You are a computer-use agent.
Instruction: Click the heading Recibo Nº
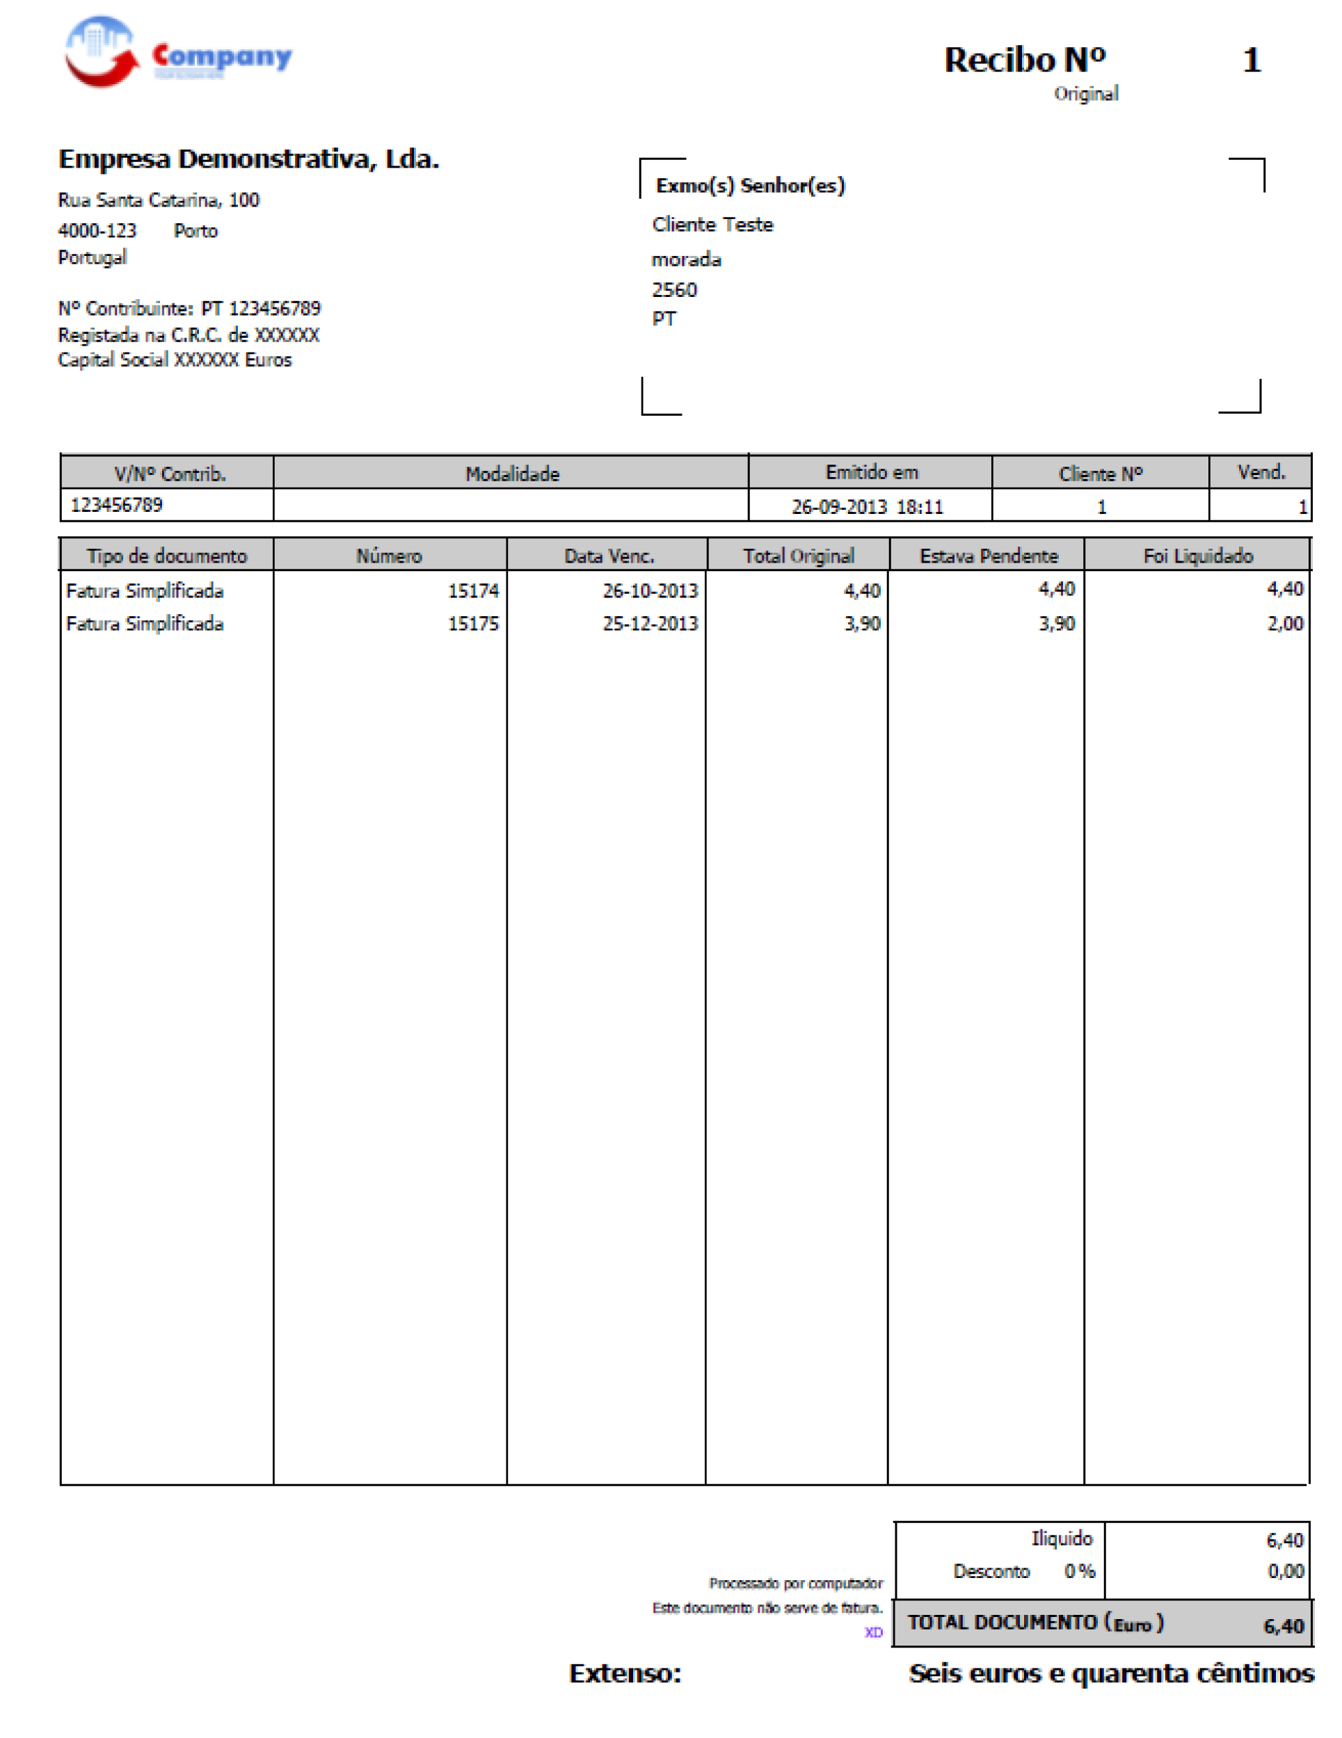pyautogui.click(x=1023, y=60)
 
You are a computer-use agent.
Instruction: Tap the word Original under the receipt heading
pyautogui.click(x=1086, y=94)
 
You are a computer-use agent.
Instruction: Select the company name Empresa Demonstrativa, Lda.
pyautogui.click(x=248, y=159)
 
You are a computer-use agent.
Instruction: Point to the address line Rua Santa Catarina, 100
pyautogui.click(x=159, y=200)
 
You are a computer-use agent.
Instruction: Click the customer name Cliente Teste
pyautogui.click(x=712, y=225)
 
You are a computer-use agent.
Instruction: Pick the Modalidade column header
pyautogui.click(x=512, y=474)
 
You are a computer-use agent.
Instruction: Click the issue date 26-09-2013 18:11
pyautogui.click(x=866, y=507)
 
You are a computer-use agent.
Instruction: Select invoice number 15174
pyautogui.click(x=473, y=590)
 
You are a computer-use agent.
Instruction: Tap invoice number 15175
pyautogui.click(x=473, y=623)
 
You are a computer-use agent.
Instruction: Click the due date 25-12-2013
pyautogui.click(x=650, y=623)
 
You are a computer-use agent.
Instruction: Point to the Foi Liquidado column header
pyautogui.click(x=1197, y=556)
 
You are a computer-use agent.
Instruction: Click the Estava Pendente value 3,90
pyautogui.click(x=1056, y=623)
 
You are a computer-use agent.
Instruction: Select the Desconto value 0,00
pyautogui.click(x=1285, y=1571)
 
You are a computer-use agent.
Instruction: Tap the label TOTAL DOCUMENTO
pyautogui.click(x=1001, y=1622)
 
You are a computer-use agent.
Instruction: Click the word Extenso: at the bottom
pyautogui.click(x=625, y=1673)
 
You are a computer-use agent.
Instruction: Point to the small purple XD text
pyautogui.click(x=873, y=1632)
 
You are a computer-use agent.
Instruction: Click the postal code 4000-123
pyautogui.click(x=97, y=231)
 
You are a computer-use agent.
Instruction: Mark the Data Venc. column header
pyautogui.click(x=609, y=556)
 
